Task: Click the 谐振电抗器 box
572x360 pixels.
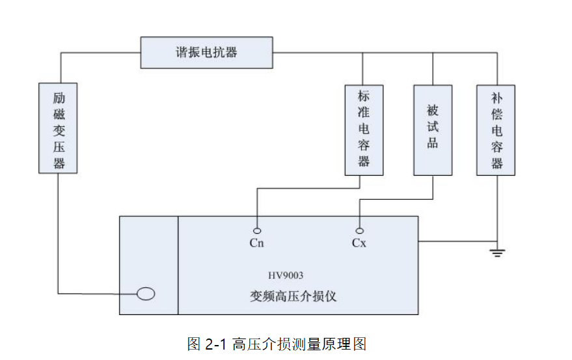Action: point(206,53)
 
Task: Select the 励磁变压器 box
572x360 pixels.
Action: point(58,128)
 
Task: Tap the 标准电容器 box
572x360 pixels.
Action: point(363,130)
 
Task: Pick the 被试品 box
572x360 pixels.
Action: point(433,130)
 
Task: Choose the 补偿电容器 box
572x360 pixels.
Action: point(496,130)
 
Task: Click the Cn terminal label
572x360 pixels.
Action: point(257,243)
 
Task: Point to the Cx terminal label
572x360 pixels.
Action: point(359,243)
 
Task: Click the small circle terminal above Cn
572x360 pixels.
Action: point(258,231)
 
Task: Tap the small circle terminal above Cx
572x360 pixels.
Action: point(359,230)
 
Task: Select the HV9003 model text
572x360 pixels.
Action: point(286,275)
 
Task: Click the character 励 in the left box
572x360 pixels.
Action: point(59,98)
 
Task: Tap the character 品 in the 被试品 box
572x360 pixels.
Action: point(433,144)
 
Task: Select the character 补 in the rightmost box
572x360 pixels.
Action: point(497,98)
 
